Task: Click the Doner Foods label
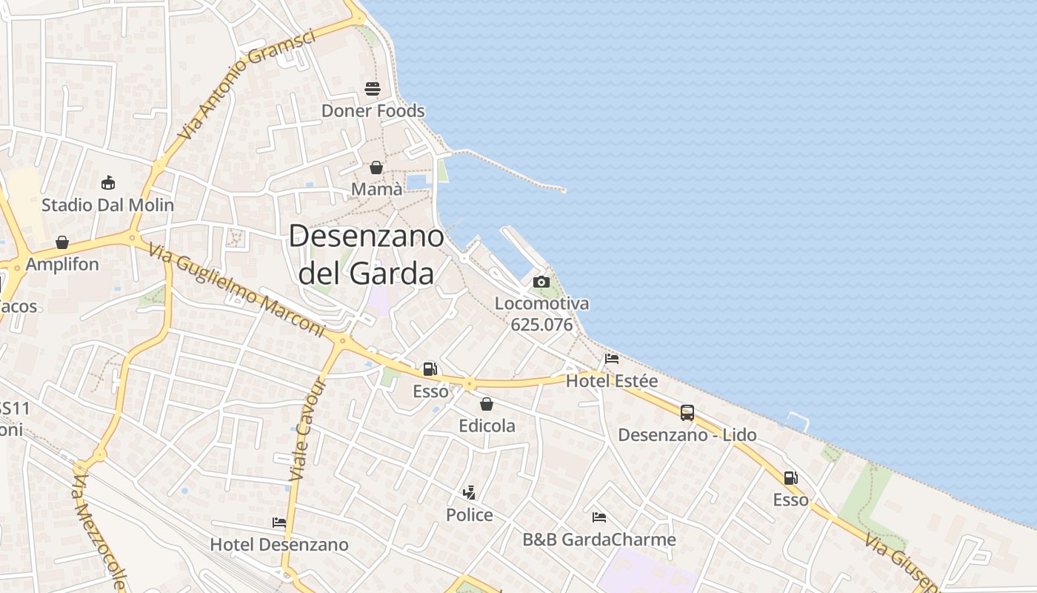coord(373,111)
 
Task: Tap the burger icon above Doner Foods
coord(372,89)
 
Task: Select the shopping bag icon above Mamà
coord(376,168)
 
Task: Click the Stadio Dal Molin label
coord(107,205)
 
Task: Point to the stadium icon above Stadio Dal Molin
coord(108,182)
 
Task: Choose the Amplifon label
coord(62,265)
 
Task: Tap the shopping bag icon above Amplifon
coord(62,242)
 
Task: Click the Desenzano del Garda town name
coord(366,254)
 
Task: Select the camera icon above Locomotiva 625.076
coord(541,282)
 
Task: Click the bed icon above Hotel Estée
coord(612,359)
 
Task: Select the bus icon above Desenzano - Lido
coord(687,413)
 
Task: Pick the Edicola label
coord(487,426)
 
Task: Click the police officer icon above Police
coord(469,492)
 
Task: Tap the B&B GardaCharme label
coord(599,540)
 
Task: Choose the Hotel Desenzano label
coord(279,545)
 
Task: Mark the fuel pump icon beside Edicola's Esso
coord(430,369)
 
